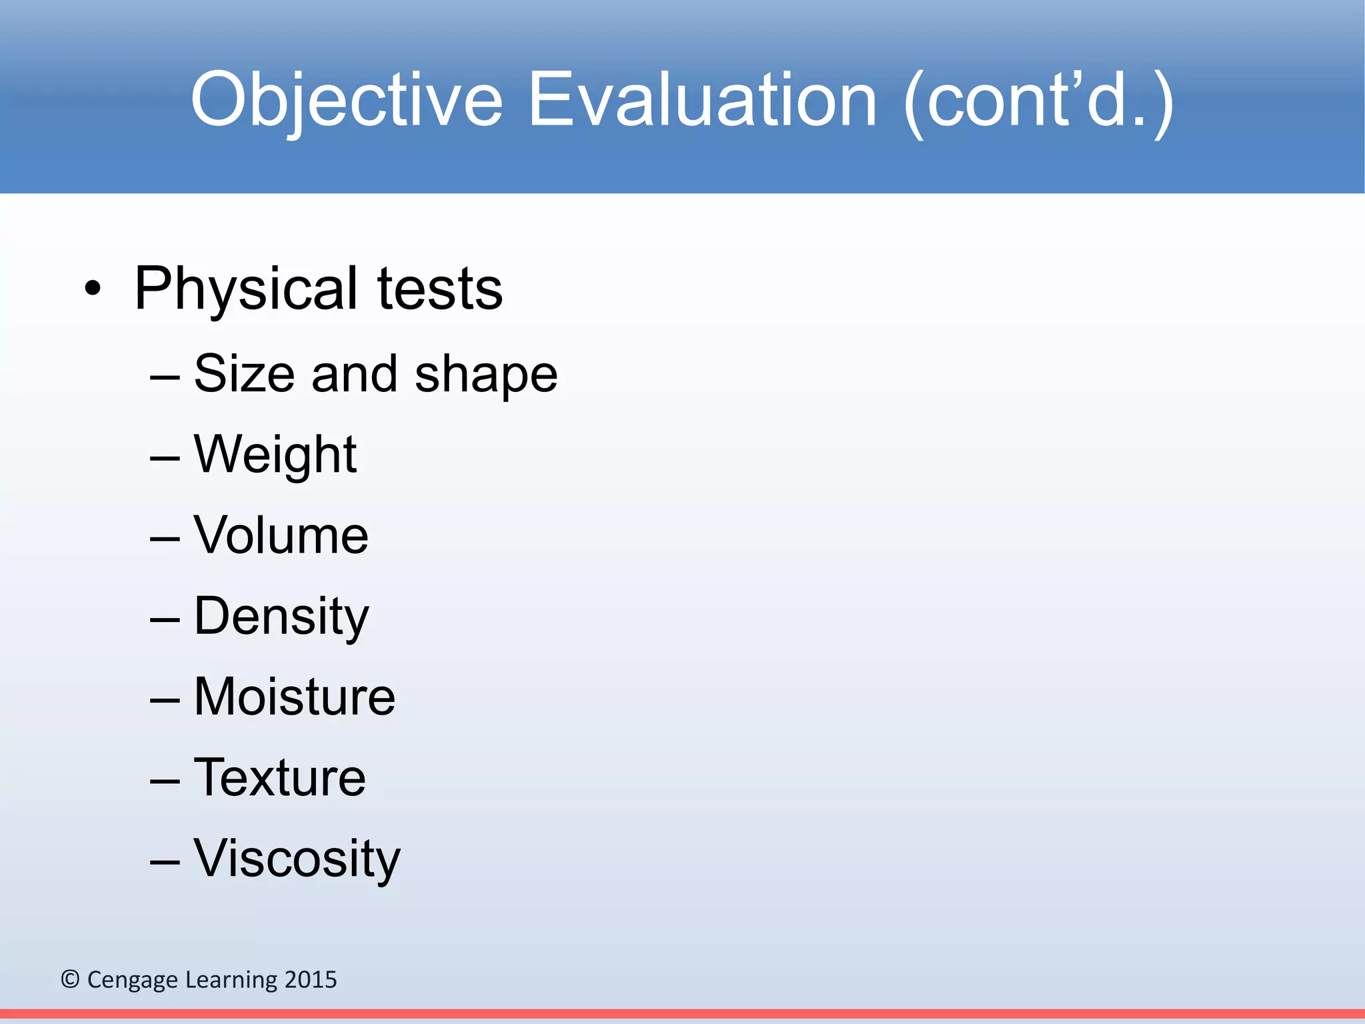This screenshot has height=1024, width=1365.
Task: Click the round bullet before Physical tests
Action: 93,289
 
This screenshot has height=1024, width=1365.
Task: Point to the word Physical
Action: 247,289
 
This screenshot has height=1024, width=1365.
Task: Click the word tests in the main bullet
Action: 440,289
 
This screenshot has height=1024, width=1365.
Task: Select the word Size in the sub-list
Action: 245,373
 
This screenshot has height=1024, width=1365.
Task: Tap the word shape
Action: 486,375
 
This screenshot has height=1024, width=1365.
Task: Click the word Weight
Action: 275,455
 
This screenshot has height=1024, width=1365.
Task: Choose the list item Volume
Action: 281,535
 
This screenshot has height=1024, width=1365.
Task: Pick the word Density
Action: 281,617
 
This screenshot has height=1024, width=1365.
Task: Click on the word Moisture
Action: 295,697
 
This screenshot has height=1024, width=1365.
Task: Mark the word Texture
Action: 279,777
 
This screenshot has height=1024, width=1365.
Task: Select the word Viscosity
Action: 297,859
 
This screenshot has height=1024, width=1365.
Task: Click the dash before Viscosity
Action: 165,861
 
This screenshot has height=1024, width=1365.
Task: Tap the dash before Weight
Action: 165,457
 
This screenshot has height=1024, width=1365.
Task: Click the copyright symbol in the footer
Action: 70,979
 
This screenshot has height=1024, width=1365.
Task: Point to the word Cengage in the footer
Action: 133,980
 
